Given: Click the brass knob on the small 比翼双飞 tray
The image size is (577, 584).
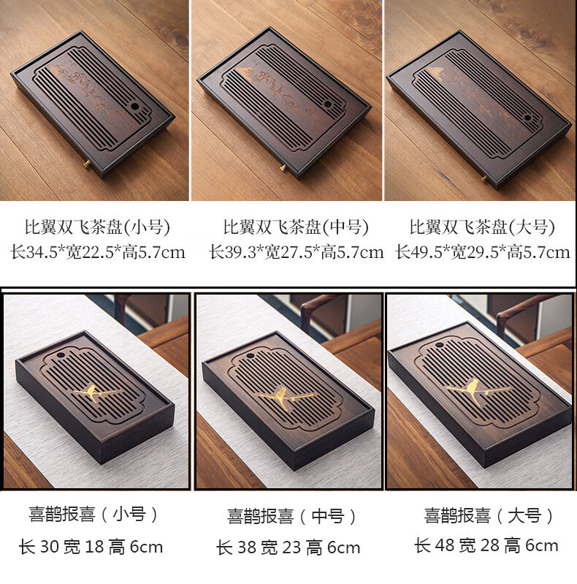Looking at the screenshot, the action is click(88, 163).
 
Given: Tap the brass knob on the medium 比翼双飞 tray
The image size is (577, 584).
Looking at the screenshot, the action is click(283, 167).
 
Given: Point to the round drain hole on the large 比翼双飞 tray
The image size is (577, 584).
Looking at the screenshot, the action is click(527, 118).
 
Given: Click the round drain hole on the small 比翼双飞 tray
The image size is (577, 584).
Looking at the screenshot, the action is click(135, 107).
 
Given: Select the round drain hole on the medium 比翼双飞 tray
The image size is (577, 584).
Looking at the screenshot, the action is click(328, 105).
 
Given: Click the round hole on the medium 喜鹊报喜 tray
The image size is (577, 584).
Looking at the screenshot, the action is click(251, 356).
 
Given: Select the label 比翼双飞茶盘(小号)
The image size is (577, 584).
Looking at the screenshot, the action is click(97, 227).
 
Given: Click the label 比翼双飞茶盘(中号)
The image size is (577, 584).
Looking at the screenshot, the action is click(296, 227).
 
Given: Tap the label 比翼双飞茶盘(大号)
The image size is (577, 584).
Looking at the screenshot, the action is click(483, 227).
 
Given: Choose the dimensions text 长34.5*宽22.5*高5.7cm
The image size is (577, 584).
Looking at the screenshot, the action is click(98, 252).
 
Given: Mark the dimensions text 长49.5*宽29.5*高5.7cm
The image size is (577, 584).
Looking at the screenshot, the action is click(483, 252).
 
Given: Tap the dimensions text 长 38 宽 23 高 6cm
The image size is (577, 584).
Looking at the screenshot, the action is click(288, 547).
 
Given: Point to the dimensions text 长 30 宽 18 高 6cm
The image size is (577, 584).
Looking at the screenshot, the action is click(91, 547).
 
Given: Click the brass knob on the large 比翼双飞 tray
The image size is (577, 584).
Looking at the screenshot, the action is click(484, 179).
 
